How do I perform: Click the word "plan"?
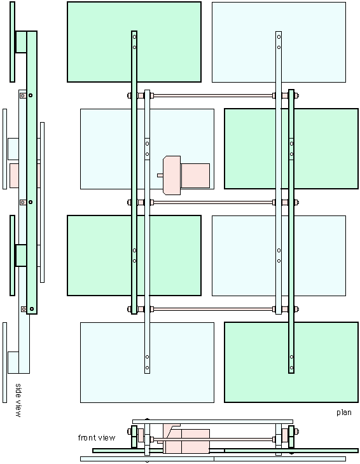(344, 413)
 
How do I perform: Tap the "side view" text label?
(18, 400)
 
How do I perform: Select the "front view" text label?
(97, 438)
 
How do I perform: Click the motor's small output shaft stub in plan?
(160, 175)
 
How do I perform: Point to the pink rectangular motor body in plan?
(195, 176)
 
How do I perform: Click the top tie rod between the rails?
(213, 95)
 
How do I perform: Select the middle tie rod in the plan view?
(213, 202)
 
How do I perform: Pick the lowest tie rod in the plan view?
(213, 310)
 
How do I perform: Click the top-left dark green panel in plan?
(134, 42)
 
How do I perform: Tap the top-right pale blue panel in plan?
(279, 43)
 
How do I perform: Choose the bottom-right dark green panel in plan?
(291, 362)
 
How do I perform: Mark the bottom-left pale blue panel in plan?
(147, 362)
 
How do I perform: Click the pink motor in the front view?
(186, 439)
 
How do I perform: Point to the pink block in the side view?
(14, 176)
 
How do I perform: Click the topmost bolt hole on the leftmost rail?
(134, 37)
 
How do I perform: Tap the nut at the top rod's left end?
(129, 95)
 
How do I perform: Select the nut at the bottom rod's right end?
(296, 310)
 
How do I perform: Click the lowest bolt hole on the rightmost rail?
(291, 368)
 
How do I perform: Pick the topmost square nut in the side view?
(23, 95)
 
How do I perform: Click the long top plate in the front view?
(212, 421)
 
